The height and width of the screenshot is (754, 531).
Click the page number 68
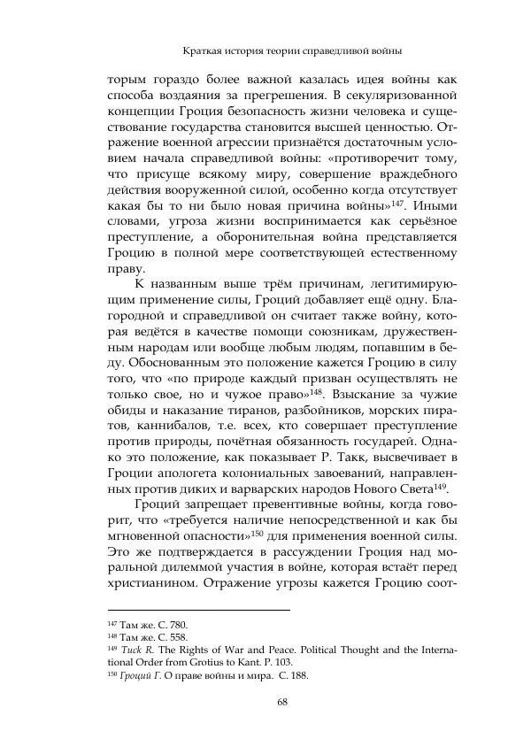coord(282,704)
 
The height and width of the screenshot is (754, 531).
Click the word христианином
coord(155,582)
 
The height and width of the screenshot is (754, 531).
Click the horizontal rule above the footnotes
coord(197,610)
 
